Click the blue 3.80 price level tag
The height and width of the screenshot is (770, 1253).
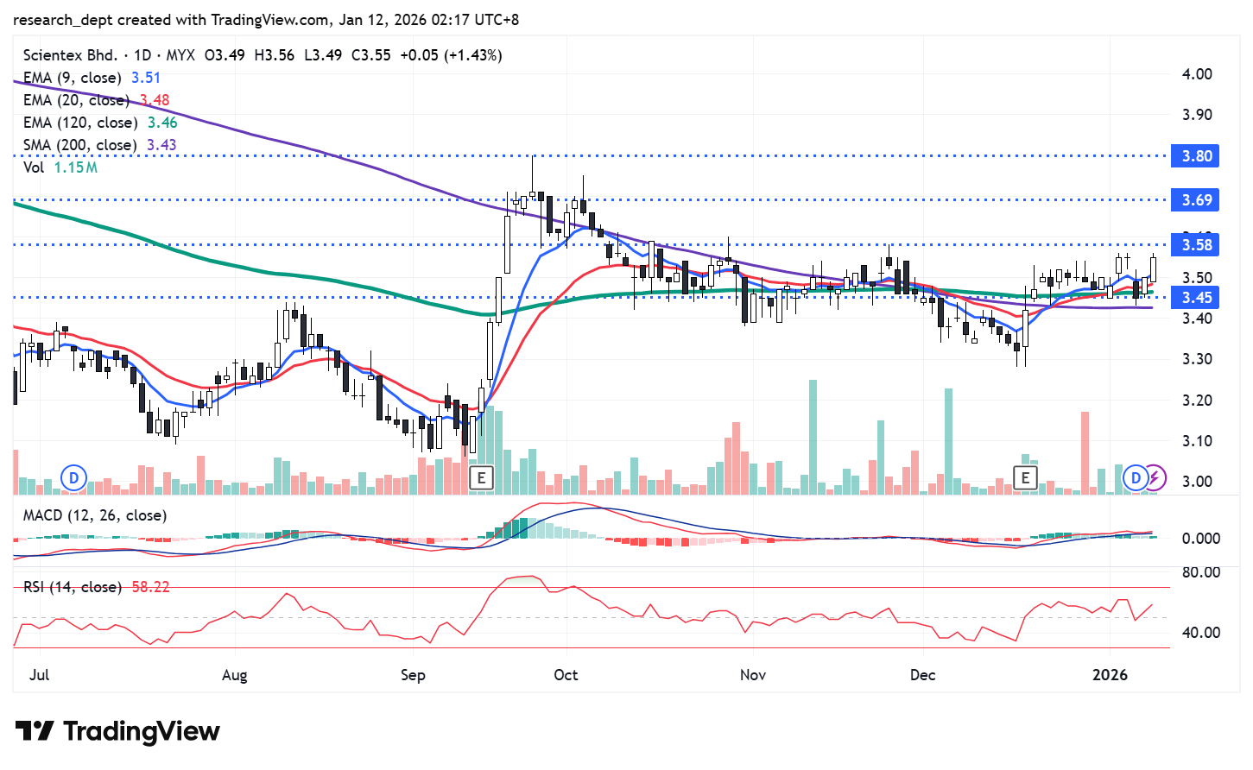point(1195,156)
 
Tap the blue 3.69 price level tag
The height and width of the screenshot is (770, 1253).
point(1195,200)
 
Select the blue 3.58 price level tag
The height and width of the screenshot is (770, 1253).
point(1195,245)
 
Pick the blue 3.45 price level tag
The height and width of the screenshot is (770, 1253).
point(1195,298)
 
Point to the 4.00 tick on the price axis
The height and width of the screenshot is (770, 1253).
point(1197,74)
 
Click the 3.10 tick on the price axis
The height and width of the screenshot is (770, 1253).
point(1197,441)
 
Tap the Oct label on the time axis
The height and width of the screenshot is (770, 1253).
point(566,674)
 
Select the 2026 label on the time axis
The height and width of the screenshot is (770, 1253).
point(1110,674)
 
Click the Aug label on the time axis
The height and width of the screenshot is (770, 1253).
point(234,674)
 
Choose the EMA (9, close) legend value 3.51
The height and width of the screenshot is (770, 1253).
point(146,78)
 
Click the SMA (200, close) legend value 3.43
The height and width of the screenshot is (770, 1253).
point(161,145)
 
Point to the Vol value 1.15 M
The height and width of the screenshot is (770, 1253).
point(76,167)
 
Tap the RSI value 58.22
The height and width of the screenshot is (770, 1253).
point(150,587)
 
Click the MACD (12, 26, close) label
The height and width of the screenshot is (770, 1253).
point(95,515)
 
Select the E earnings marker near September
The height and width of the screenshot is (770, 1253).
point(481,477)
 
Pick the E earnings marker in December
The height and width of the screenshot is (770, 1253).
point(1025,477)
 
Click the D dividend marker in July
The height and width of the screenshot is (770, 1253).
point(74,477)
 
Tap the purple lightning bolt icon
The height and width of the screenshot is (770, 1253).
point(1155,477)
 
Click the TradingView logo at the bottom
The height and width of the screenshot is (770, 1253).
point(117,732)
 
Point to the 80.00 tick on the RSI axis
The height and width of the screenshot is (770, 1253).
point(1200,572)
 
